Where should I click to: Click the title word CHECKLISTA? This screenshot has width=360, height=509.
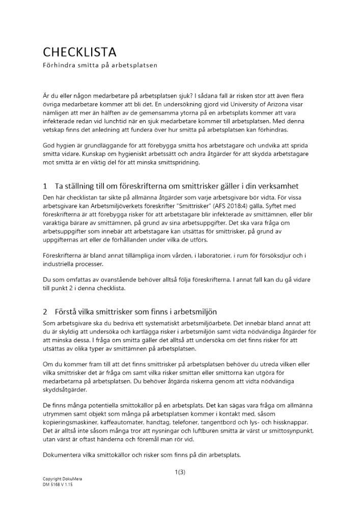(80, 52)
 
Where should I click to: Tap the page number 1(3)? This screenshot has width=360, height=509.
(179, 472)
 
